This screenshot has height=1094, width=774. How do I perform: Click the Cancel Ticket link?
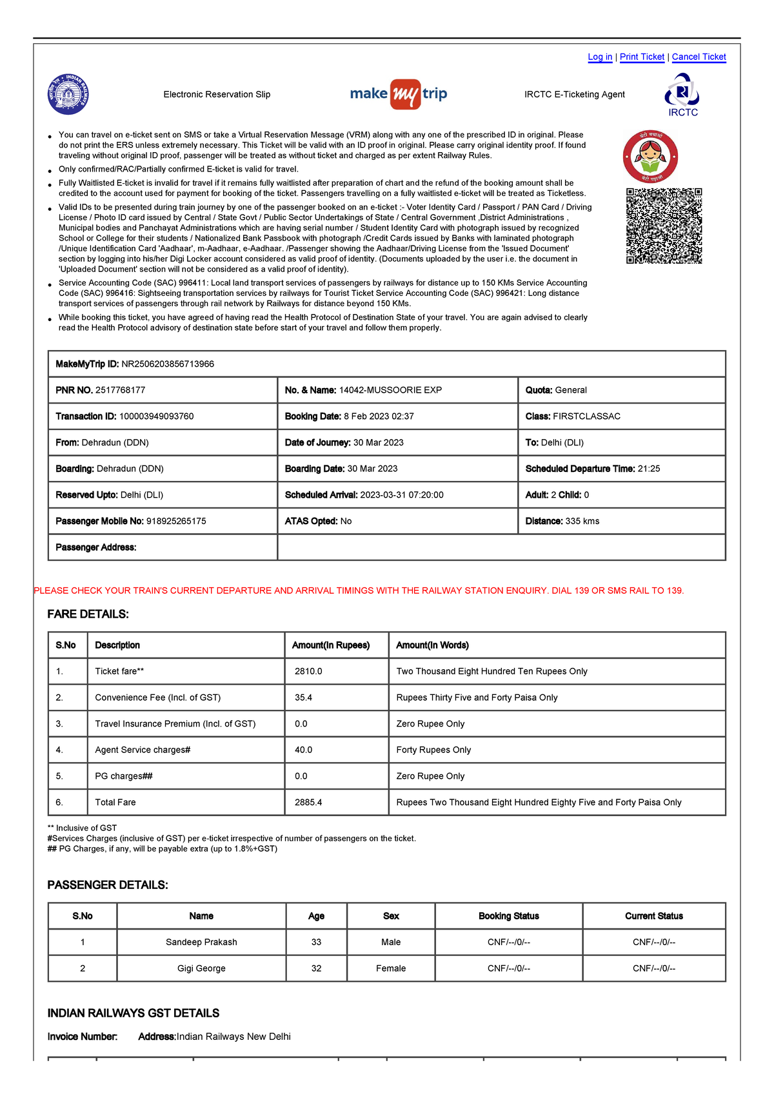[699, 57]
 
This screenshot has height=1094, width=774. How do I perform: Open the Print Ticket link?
[642, 57]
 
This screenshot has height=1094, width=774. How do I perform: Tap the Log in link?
[600, 57]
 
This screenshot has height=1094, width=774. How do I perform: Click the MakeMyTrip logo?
[399, 94]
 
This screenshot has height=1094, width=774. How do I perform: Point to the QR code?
[664, 226]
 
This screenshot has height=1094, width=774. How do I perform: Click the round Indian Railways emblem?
[68, 95]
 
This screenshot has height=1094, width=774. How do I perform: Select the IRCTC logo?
[682, 95]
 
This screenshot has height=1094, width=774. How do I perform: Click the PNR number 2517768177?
[120, 390]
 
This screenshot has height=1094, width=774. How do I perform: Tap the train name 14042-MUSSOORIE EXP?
[390, 390]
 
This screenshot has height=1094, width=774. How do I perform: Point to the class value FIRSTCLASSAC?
[586, 416]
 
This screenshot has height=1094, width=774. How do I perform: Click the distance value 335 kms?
[582, 521]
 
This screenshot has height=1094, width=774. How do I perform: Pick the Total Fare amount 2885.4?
[308, 803]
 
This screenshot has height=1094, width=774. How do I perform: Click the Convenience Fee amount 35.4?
[303, 698]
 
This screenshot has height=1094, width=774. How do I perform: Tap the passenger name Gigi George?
[201, 968]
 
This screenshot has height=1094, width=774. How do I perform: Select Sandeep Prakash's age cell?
[316, 942]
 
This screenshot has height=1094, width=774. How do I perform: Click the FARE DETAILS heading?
[88, 614]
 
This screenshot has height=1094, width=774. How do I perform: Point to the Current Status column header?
[653, 916]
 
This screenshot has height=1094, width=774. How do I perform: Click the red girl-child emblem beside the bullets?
[650, 157]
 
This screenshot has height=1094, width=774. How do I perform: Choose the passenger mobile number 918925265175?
[176, 521]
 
